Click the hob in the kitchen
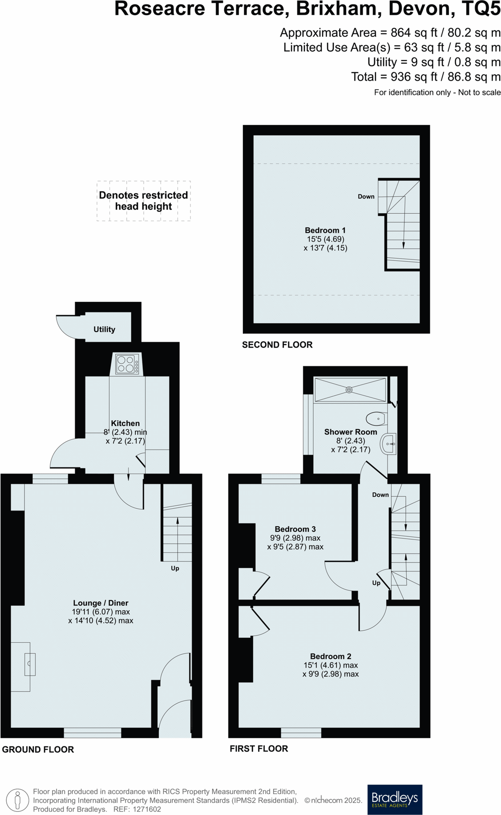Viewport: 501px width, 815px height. click(127, 364)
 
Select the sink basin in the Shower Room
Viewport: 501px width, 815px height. click(388, 444)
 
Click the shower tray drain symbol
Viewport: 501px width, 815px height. click(349, 390)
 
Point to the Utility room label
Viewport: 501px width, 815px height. click(104, 329)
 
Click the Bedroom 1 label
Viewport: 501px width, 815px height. click(325, 230)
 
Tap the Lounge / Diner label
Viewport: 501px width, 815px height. click(101, 603)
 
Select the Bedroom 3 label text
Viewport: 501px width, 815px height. click(295, 529)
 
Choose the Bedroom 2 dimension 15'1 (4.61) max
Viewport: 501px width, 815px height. click(331, 665)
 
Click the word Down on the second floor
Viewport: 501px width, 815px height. click(366, 196)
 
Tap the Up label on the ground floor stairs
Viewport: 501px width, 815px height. click(175, 568)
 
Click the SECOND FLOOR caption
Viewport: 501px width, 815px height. click(277, 345)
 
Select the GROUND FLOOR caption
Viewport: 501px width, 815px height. click(38, 749)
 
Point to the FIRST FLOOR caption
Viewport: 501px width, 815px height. click(259, 749)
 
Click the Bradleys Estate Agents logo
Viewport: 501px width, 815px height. click(395, 799)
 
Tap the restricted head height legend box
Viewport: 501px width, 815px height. click(143, 201)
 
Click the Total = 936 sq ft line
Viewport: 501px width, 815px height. click(426, 77)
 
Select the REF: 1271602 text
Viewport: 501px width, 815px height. click(137, 809)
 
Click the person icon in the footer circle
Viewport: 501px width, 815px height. click(18, 800)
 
